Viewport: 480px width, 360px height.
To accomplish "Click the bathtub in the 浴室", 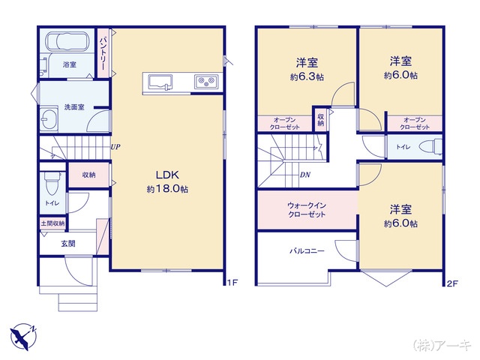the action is click(67, 41).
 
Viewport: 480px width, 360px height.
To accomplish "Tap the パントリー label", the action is click(103, 53).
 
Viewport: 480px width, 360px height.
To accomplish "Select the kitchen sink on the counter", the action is click(160, 82).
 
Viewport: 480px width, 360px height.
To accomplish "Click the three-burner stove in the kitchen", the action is click(206, 82).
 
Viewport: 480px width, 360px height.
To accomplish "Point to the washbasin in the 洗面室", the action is click(48, 118).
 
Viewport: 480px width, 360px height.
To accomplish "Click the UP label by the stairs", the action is click(115, 147).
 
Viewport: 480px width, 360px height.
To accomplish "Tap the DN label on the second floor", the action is click(305, 175).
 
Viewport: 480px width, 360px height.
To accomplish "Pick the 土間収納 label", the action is click(53, 223).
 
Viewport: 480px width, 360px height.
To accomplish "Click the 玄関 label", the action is click(68, 244).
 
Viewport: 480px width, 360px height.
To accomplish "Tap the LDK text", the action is click(167, 175).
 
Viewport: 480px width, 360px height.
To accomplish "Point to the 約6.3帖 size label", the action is click(307, 76).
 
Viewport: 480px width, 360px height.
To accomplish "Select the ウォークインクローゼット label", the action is click(307, 210).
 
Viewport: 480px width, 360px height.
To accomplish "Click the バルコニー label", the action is click(307, 251).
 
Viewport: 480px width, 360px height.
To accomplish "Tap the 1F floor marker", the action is click(232, 282).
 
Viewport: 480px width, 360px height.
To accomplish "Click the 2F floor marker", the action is click(452, 283).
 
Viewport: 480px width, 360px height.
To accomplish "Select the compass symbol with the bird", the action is click(23, 336).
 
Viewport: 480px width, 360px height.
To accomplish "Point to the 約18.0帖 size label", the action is click(167, 189).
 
